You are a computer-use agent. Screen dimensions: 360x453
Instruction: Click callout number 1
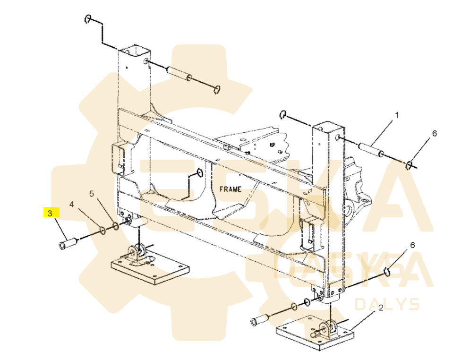point(397,115)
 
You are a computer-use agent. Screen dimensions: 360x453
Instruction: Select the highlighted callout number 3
point(50,214)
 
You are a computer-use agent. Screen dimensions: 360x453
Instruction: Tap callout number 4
point(71,205)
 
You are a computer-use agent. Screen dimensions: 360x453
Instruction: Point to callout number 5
point(92,194)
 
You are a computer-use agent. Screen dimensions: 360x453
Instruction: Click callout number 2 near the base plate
point(381,308)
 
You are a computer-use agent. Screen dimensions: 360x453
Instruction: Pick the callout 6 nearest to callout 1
point(435,134)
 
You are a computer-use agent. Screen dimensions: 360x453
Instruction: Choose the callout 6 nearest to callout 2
point(412,245)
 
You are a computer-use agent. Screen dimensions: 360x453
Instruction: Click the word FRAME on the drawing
point(230,189)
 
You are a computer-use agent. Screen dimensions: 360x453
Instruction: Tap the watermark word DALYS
point(387,304)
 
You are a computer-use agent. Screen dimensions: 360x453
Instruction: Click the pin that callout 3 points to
point(67,245)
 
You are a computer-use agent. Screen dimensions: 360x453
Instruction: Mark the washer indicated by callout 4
point(102,231)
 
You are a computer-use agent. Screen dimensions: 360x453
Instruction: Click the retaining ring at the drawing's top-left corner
point(88,19)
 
